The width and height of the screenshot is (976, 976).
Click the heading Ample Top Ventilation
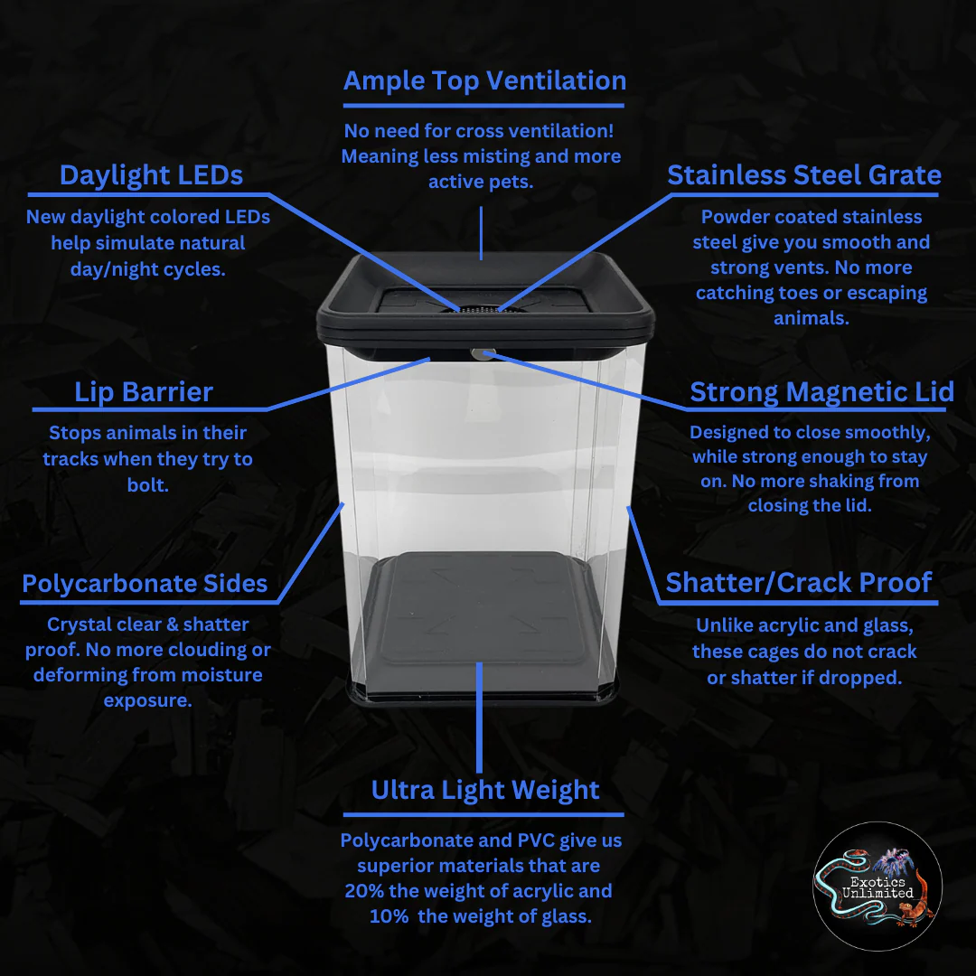pos(484,81)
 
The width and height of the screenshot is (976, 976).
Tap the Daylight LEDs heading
pos(151,175)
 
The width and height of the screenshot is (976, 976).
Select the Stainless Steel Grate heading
pos(804,175)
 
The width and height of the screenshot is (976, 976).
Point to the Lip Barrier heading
pos(144,392)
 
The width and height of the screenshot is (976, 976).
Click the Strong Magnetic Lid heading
pos(821,392)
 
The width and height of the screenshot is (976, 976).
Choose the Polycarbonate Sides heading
pos(145,584)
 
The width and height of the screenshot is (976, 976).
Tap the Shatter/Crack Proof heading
pos(799,583)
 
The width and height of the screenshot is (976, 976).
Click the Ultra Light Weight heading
pos(485,791)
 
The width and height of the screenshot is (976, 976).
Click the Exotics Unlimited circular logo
pos(877,887)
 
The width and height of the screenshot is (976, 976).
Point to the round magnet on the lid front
pos(483,354)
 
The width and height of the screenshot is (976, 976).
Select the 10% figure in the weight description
pos(389,917)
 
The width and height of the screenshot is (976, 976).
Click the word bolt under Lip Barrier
pos(148,485)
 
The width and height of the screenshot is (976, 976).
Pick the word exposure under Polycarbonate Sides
pos(147,701)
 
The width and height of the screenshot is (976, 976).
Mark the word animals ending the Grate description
pos(811,319)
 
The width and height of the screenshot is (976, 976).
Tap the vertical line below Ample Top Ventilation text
pos(481,233)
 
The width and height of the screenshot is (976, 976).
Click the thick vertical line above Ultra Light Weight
pos(479,718)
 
